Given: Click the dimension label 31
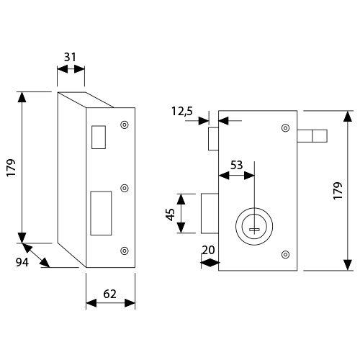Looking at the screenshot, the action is click(x=70, y=57).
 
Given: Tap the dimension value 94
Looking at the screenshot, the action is click(x=22, y=262).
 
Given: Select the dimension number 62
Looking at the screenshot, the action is click(x=109, y=294).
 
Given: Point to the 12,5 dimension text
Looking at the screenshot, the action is click(x=182, y=112).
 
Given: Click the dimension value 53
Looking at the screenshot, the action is click(x=237, y=165).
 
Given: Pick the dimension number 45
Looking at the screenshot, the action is click(x=170, y=215).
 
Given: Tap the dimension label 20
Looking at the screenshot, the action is click(x=208, y=250).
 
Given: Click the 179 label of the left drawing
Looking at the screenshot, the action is click(x=11, y=168).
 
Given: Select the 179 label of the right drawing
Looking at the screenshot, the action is click(x=338, y=191).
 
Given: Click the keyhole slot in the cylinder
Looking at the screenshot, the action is click(x=254, y=230).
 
